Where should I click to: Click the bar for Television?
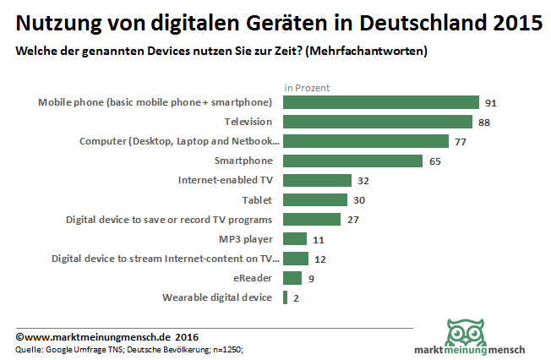point(378,122)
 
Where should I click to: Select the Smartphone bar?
point(353,161)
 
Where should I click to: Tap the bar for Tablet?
point(315,199)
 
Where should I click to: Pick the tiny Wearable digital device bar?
point(286,297)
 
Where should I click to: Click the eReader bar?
point(292,277)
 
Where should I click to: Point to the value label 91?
point(490,102)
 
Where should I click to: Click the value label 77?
point(461,141)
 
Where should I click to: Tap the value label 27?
point(353,219)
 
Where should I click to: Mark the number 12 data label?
point(321,258)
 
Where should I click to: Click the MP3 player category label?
point(246,238)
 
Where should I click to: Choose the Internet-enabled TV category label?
point(225,180)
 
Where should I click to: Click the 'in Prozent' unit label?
point(307,87)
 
